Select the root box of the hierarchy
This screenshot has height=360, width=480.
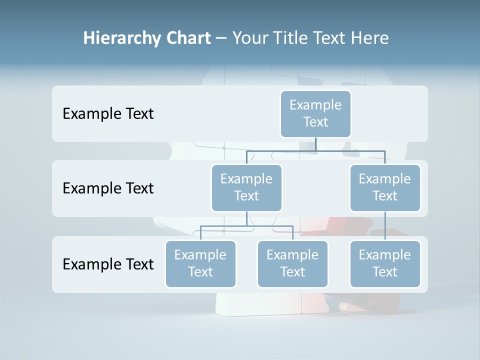click(x=315, y=113)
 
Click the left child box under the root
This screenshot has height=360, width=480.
click(x=246, y=187)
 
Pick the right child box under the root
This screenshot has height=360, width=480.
click(x=385, y=187)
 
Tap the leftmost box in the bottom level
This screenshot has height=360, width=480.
click(x=200, y=263)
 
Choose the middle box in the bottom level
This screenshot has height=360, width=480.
click(x=292, y=263)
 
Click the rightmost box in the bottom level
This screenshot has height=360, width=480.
click(x=385, y=263)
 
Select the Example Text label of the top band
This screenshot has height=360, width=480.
click(x=108, y=114)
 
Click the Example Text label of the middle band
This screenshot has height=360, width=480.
click(x=108, y=188)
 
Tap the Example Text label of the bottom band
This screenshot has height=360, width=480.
click(x=108, y=264)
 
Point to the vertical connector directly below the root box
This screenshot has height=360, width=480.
click(x=315, y=144)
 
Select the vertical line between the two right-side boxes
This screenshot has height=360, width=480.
click(x=385, y=225)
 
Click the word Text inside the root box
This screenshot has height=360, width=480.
click(x=315, y=122)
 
